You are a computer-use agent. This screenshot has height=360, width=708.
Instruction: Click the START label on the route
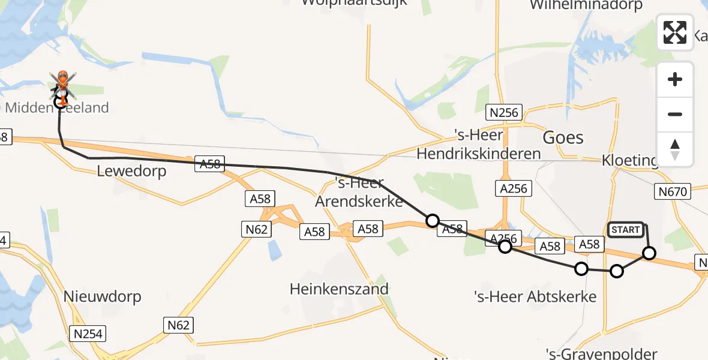pos(626,230)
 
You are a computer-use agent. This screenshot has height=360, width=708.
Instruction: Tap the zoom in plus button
pos(675,79)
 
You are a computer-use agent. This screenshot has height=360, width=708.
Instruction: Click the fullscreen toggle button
pos(675,32)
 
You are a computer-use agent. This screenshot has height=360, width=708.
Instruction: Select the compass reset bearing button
pos(675,149)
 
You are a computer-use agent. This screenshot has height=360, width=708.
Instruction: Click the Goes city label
pos(563,137)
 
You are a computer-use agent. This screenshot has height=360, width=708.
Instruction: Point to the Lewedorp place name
pos(131,172)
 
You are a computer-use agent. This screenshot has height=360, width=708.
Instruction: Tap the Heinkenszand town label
pos(339,289)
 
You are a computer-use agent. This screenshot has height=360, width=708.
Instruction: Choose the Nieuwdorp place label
pos(102,296)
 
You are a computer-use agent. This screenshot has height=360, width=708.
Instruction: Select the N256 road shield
pos(504,112)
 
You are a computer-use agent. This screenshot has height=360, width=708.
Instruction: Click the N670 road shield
pos(672,191)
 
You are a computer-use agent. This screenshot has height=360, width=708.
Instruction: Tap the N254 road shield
pos(88,334)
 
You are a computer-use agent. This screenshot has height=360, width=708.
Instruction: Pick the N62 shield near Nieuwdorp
pos(178,325)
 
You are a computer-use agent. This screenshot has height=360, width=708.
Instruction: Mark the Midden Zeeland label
pos(57,108)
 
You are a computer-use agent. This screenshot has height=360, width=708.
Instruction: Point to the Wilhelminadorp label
pos(586,5)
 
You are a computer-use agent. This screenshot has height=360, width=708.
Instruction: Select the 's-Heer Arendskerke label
pos(359,193)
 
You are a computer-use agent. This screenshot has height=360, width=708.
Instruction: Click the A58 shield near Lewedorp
pos(210,164)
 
